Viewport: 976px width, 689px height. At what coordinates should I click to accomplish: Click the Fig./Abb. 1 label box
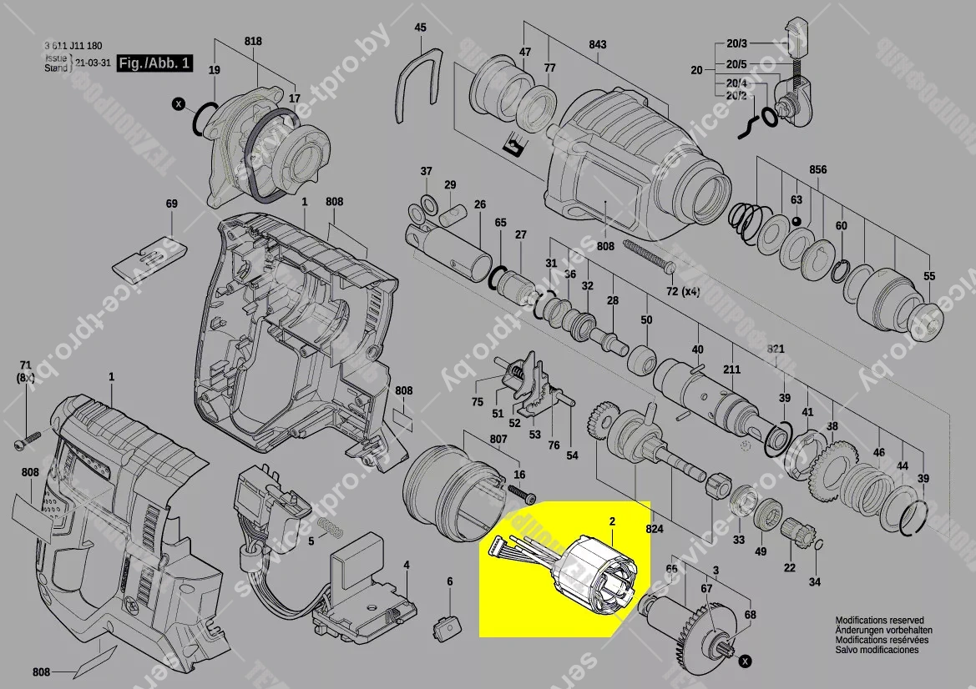tap(154, 63)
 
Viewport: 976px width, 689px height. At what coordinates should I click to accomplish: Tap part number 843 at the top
tap(597, 45)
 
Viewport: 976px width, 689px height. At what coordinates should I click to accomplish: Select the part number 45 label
tap(420, 28)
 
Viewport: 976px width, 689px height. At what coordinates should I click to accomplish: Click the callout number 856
tap(817, 170)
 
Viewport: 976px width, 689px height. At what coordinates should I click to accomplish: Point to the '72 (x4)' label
tap(682, 290)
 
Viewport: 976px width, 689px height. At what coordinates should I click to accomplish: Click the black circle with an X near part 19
tap(177, 104)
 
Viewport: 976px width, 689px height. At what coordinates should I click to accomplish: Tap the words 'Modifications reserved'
tap(879, 621)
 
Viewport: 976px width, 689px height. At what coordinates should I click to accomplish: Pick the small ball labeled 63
tap(796, 221)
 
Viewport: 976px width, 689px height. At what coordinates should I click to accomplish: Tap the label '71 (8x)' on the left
tap(25, 371)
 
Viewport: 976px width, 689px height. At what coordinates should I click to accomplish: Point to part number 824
tap(654, 529)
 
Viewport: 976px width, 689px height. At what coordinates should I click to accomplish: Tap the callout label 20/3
tap(736, 43)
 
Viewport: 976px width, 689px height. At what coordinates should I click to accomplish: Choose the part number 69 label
tap(172, 204)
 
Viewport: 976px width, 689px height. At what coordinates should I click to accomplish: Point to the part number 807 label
tap(498, 439)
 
